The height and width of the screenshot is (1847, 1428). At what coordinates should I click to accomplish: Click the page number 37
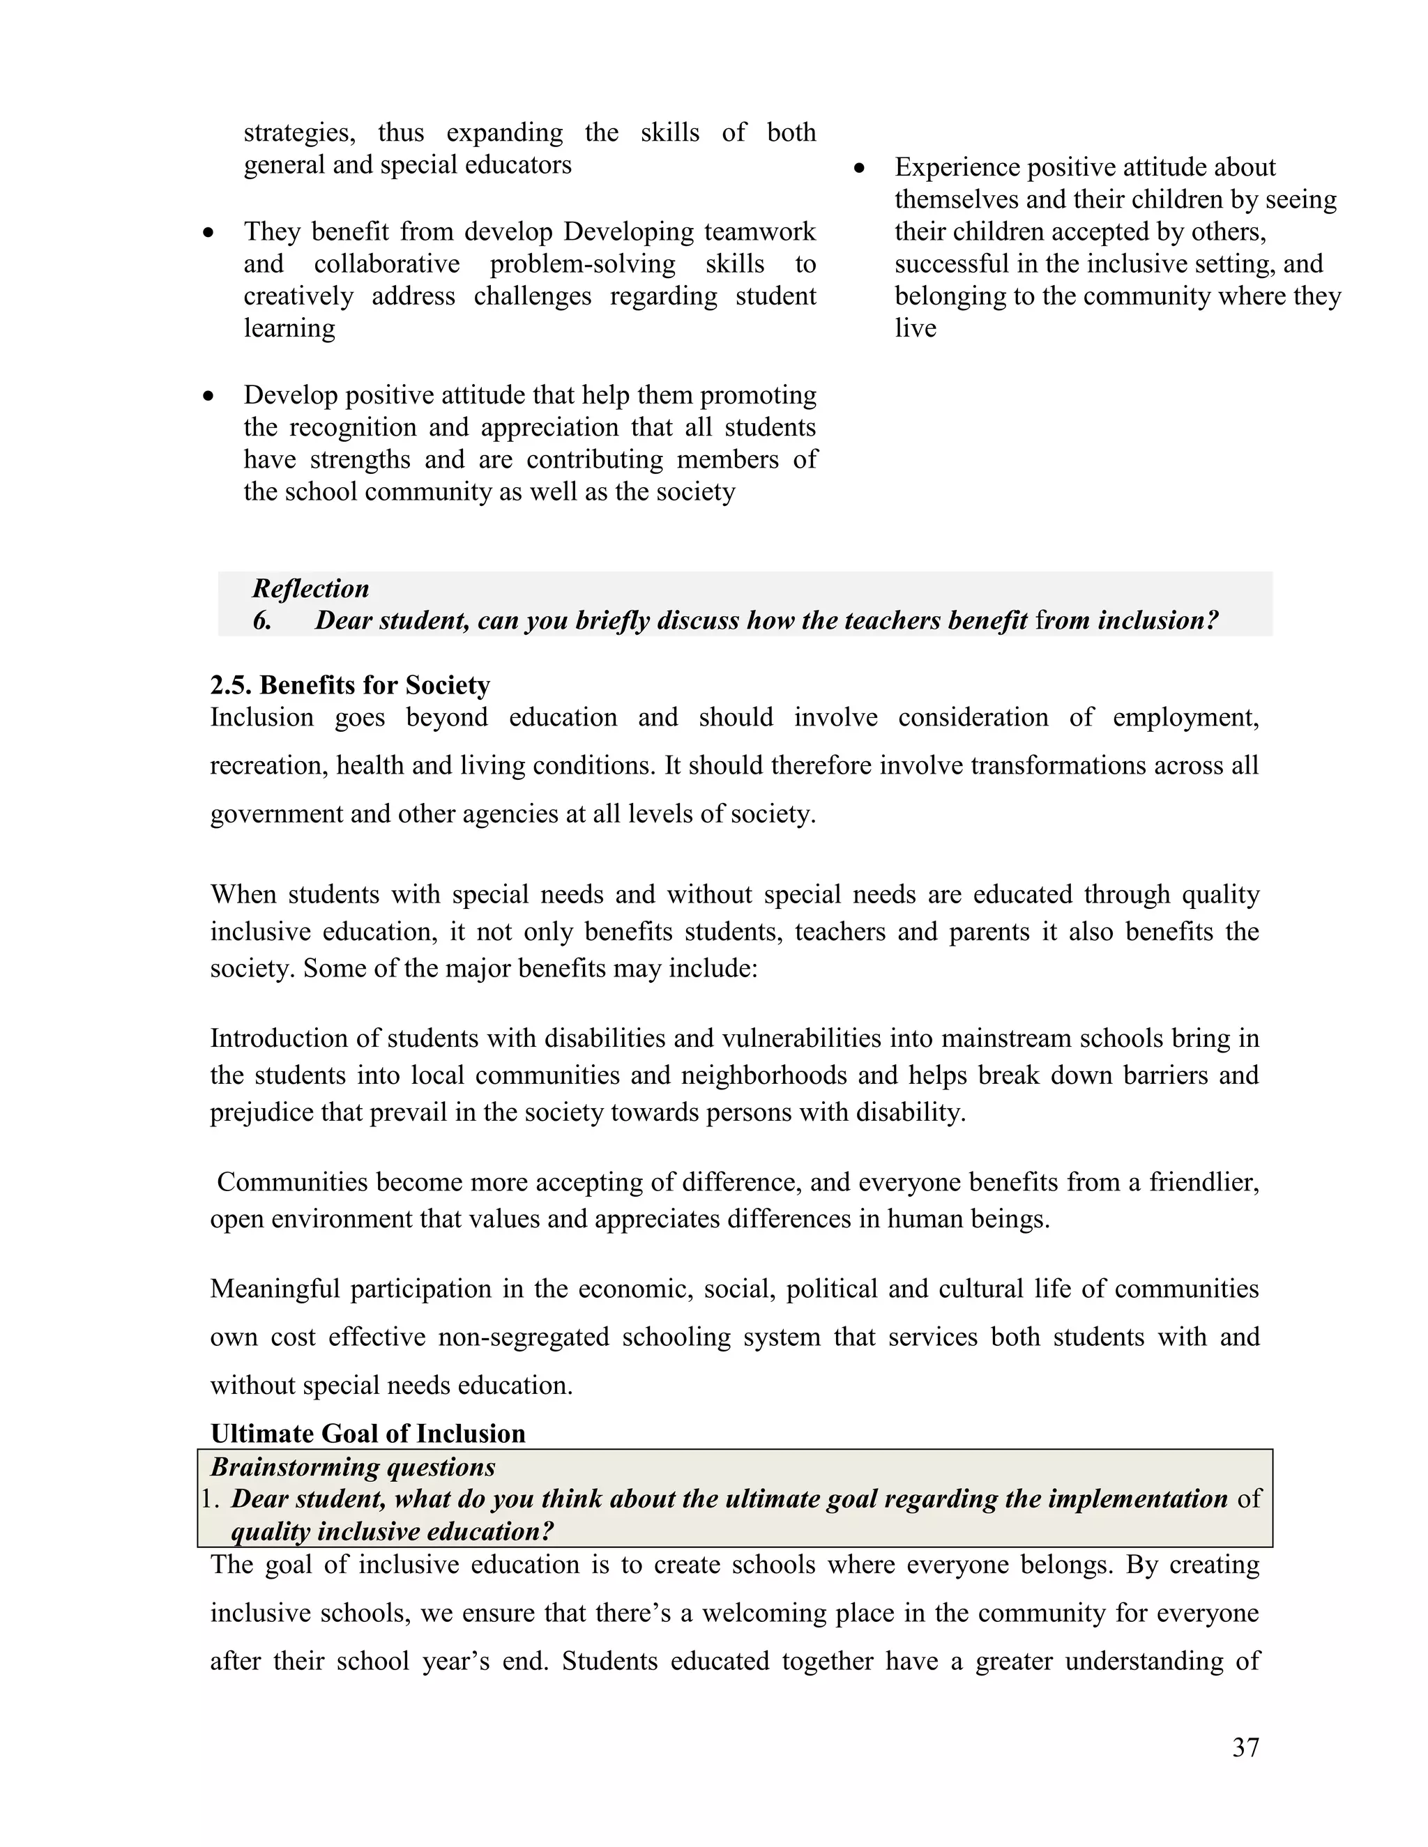pos(1245,1747)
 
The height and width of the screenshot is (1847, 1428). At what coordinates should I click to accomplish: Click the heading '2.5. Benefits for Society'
pos(349,685)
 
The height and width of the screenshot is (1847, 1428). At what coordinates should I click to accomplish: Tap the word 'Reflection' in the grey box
pos(310,589)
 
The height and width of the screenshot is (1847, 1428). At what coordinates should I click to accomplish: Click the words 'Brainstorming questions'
pos(353,1466)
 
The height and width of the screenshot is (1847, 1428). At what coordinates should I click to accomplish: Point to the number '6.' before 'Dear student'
pos(262,621)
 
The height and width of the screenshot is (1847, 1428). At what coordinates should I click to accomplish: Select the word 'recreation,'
pos(267,765)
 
